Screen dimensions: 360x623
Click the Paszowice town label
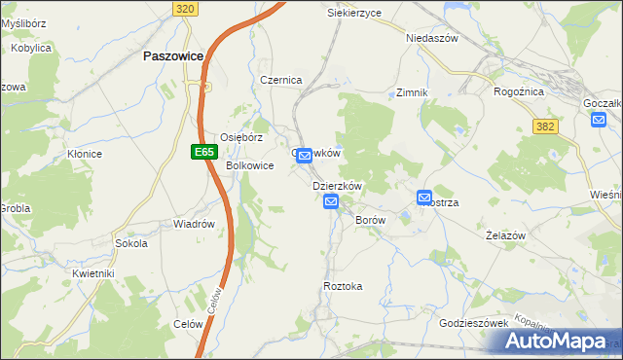click(172, 56)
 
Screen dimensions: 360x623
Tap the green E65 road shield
click(202, 152)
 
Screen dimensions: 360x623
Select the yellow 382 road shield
click(546, 126)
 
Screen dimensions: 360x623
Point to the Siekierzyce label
click(354, 13)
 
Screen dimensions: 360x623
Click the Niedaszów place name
click(431, 38)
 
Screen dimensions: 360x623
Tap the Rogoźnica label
click(519, 91)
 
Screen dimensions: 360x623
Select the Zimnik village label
click(413, 92)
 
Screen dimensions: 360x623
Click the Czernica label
click(281, 80)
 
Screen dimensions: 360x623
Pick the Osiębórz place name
click(241, 137)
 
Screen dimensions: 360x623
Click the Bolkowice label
click(250, 165)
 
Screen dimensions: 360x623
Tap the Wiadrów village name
click(194, 224)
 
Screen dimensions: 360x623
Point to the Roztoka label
click(343, 286)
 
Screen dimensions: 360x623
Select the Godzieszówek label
click(475, 322)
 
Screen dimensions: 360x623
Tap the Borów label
click(371, 221)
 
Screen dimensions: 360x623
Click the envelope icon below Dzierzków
click(331, 201)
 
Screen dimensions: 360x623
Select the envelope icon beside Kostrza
click(424, 198)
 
